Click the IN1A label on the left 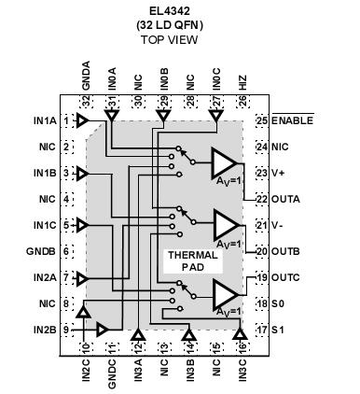click(43, 121)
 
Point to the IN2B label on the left click(43, 330)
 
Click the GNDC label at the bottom click(112, 367)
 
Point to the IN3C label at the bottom click(242, 367)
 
